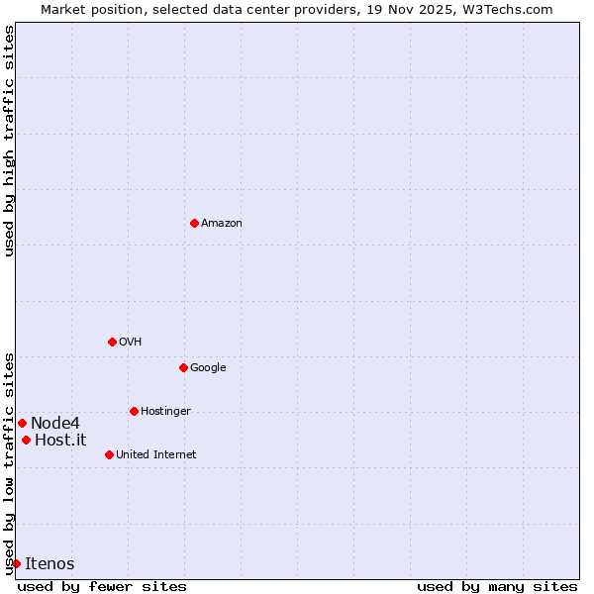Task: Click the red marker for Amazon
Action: (194, 223)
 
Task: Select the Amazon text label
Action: (221, 224)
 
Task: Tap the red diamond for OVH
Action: (112, 342)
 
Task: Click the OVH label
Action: (130, 343)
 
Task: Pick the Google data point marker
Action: (183, 367)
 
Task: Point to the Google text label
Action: (208, 368)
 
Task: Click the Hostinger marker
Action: (134, 411)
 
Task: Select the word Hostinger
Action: (165, 412)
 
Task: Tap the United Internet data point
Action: (109, 454)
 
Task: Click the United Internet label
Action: (155, 455)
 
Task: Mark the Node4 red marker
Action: (22, 423)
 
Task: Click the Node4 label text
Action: (54, 424)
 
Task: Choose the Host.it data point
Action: (26, 440)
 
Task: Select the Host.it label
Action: (60, 441)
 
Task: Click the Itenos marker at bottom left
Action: (16, 563)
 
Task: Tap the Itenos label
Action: (49, 564)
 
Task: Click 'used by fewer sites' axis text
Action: (102, 586)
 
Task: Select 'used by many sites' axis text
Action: (497, 586)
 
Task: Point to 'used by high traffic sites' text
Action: (9, 142)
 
